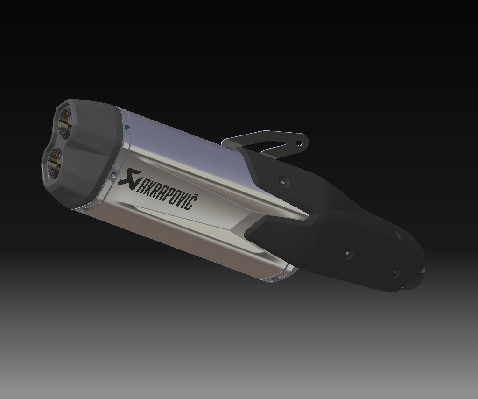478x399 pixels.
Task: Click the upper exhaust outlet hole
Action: pyautogui.click(x=65, y=123)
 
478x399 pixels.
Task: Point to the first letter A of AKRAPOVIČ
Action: pyautogui.click(x=141, y=184)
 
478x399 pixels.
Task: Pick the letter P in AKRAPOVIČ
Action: pyautogui.click(x=168, y=193)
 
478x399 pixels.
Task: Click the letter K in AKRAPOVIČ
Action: pyautogui.click(x=148, y=186)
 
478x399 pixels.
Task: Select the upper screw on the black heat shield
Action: pyautogui.click(x=281, y=179)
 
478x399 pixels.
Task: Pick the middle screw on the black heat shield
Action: pyautogui.click(x=347, y=254)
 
